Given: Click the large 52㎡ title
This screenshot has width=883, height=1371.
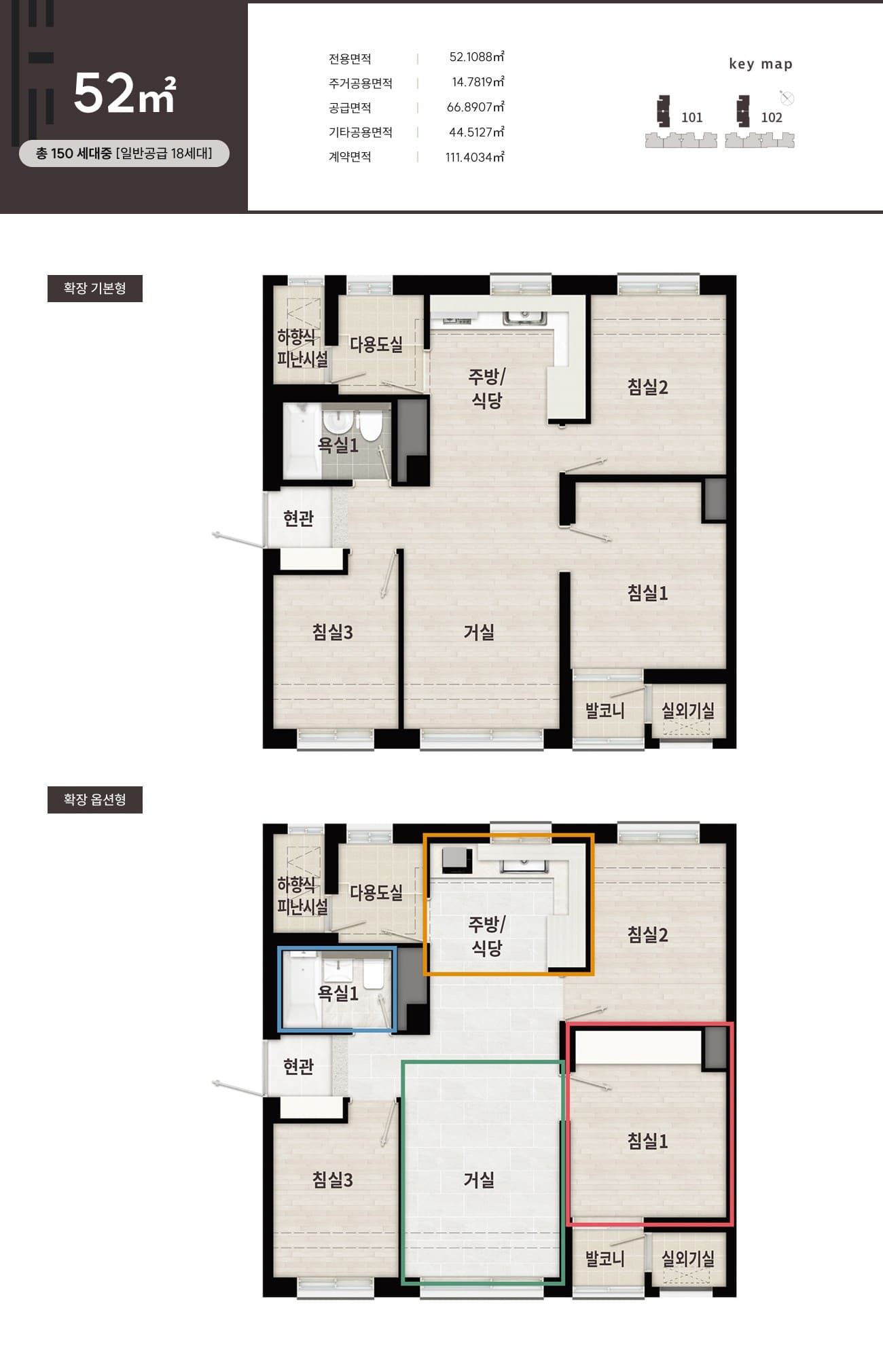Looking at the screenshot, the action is coord(124,93).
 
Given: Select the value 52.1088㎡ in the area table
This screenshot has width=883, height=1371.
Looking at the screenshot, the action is coord(477,57).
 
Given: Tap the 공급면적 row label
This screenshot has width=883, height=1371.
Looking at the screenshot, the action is coord(350,108).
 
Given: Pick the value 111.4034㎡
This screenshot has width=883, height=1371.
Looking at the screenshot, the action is coord(475,157).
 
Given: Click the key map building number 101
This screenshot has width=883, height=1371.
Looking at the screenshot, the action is coord(691,117).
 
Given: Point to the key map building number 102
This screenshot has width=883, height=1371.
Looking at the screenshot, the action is coord(772,117).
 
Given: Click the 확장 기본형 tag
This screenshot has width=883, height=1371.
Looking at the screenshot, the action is coord(95,289).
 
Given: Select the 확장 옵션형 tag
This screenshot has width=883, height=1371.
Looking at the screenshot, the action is coord(95,799).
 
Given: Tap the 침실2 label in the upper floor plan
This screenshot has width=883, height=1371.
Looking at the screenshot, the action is coord(647,387).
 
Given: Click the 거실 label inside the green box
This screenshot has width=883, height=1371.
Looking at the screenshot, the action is coord(479,1180).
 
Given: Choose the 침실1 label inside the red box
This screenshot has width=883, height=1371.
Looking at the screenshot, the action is coord(647,1141).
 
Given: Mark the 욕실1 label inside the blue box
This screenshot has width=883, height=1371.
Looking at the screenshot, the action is coord(338,993).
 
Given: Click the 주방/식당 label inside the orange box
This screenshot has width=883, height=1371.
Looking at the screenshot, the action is coord(487,936).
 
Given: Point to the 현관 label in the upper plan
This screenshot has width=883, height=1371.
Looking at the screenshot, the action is coord(298,519).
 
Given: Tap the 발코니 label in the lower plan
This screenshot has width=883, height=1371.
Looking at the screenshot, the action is coord(605,1259).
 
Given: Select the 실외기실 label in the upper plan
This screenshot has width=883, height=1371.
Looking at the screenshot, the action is coord(688,711).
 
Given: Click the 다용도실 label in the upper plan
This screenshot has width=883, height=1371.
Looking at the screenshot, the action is coord(376,344).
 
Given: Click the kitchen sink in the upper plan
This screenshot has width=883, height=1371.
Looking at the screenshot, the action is coord(524,317).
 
